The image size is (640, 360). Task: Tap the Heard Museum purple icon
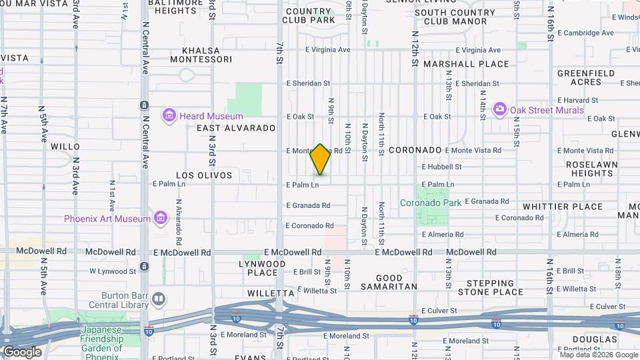tap(169, 117)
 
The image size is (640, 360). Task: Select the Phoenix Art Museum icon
tap(160, 218)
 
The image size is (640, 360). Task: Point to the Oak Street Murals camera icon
tap(499, 109)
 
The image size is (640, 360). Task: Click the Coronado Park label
tap(430, 203)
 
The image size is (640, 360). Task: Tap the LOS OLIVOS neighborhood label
tap(204, 175)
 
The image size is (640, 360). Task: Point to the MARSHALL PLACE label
tap(475, 65)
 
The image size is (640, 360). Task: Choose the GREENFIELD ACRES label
tap(581, 77)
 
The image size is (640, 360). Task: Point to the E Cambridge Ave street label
tap(585, 33)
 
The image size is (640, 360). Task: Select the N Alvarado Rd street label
tap(179, 223)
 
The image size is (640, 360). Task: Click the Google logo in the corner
tap(22, 352)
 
